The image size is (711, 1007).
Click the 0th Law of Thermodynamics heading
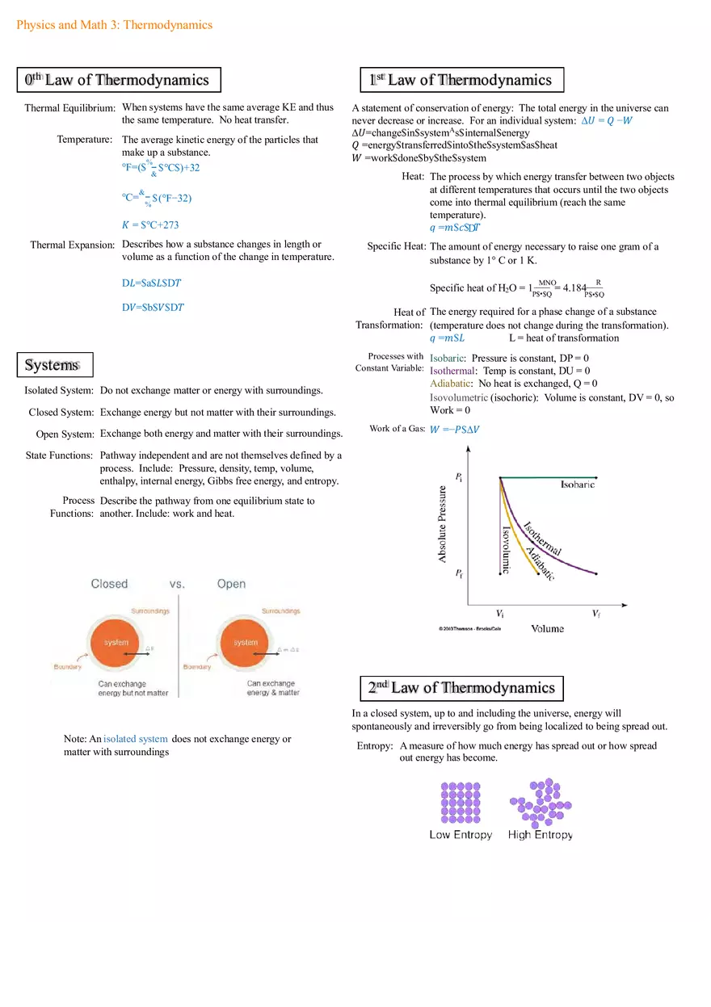(x=118, y=80)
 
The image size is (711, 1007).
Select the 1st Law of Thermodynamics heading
(x=461, y=80)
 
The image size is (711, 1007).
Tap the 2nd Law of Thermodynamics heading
(x=461, y=688)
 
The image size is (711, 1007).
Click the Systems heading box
(x=55, y=365)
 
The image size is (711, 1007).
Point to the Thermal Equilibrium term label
(x=69, y=107)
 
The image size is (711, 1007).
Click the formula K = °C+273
(x=150, y=224)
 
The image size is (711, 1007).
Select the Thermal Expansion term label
(x=73, y=245)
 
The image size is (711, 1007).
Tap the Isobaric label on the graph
(x=578, y=485)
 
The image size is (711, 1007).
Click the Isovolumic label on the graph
(x=506, y=549)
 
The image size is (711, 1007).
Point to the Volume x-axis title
(x=548, y=628)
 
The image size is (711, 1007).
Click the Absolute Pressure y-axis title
(x=443, y=524)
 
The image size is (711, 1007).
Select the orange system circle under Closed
(x=116, y=643)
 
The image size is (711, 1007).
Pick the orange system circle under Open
(x=245, y=643)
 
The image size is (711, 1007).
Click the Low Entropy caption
(x=461, y=835)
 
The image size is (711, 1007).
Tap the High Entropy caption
(x=541, y=835)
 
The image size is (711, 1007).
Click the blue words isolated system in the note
(x=136, y=739)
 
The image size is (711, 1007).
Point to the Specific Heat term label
(x=396, y=246)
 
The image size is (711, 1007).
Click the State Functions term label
(x=59, y=455)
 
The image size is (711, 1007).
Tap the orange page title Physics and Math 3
(x=114, y=25)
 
